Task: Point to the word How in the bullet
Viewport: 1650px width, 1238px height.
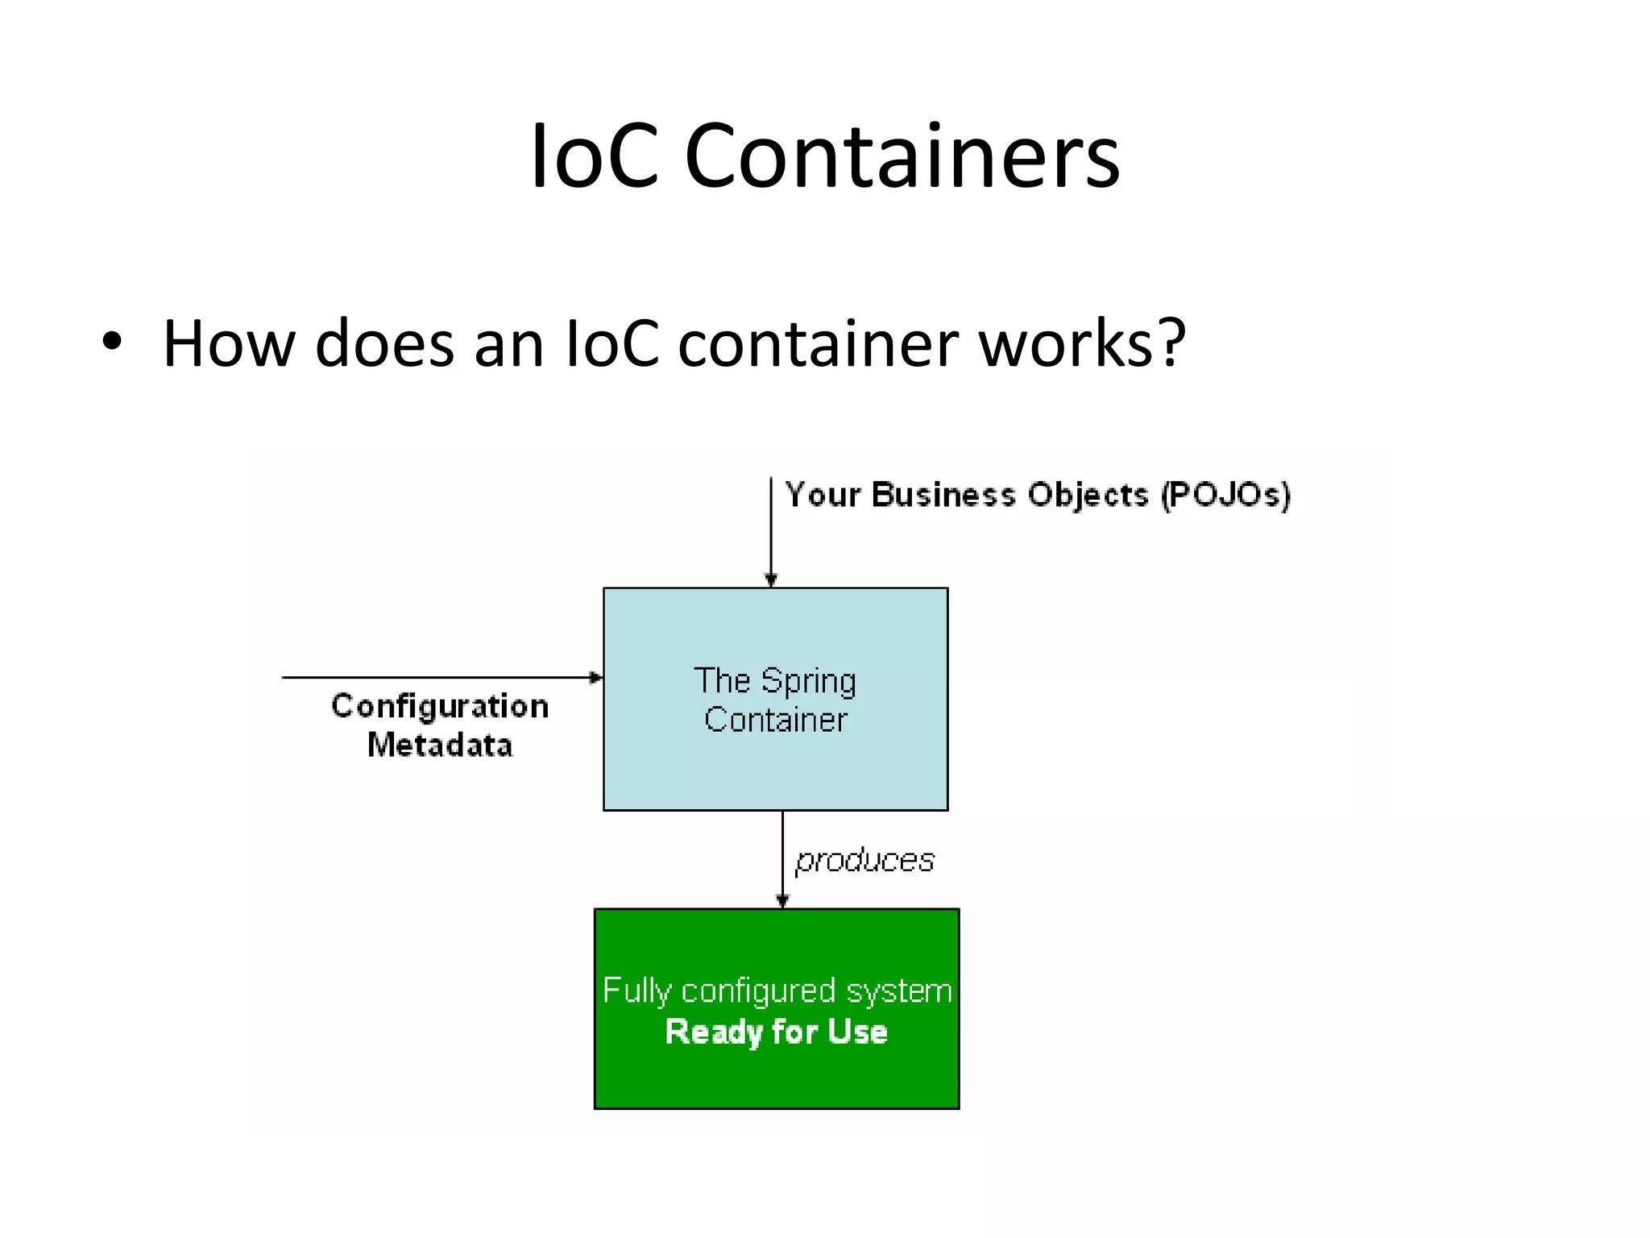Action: pyautogui.click(x=229, y=343)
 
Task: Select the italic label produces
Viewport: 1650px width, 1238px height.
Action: pyautogui.click(x=864, y=861)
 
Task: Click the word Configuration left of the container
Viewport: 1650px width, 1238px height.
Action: pyautogui.click(x=440, y=706)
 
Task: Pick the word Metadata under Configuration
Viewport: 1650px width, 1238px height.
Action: pyautogui.click(x=440, y=745)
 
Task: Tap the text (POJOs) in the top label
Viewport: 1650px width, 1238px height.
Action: pyautogui.click(x=1225, y=494)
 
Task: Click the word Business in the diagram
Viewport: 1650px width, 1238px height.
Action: pyautogui.click(x=943, y=494)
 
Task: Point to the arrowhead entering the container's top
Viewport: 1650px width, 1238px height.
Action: pyautogui.click(x=771, y=580)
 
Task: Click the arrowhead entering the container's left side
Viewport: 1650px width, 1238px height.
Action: pyautogui.click(x=596, y=678)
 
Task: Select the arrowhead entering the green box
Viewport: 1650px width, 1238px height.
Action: pyautogui.click(x=782, y=900)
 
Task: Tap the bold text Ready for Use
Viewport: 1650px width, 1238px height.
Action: pyautogui.click(x=776, y=1032)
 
